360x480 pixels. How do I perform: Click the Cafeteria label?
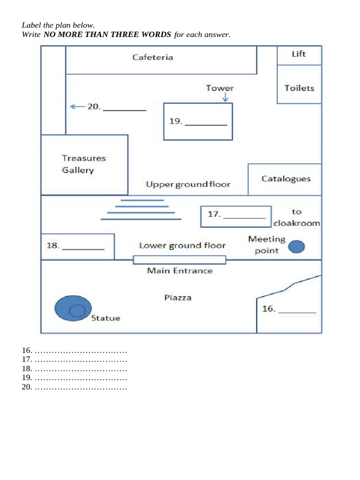pos(152,57)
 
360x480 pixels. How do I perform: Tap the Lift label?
pos(299,54)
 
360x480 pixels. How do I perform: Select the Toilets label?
pos(300,88)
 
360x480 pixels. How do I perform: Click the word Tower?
pos(219,88)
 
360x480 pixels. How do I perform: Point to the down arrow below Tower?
pos(225,97)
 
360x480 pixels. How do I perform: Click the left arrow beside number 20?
pos(77,106)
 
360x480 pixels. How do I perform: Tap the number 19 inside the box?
pos(176,121)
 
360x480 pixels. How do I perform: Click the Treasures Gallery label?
pos(83,164)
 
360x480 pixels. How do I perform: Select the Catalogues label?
pos(286,179)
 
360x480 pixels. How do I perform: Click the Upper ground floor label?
pos(188,184)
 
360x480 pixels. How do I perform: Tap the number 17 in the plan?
pos(214,214)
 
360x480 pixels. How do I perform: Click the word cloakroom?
pos(297,223)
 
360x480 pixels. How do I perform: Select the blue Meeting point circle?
pos(296,247)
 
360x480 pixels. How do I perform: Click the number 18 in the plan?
pos(52,246)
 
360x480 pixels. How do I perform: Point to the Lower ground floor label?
pos(182,246)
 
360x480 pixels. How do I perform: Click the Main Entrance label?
pos(180,270)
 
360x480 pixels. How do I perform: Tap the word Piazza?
pos(178,298)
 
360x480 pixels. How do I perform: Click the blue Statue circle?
pos(73,308)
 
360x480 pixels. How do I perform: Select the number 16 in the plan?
pos(269,308)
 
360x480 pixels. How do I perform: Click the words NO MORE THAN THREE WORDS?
pos(107,34)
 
